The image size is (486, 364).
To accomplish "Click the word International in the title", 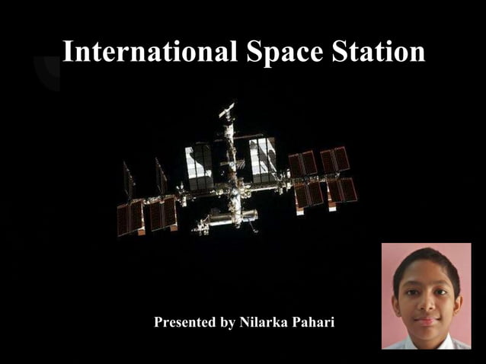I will [150, 52].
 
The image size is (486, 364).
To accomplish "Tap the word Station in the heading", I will [379, 52].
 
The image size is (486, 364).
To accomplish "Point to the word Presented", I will [185, 322].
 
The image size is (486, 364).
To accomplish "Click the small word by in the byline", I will [227, 323].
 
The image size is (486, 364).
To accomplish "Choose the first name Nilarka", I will [264, 322].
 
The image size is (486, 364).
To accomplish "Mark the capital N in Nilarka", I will [245, 322].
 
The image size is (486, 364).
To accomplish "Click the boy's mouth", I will [427, 320].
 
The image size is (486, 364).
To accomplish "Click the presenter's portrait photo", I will [427, 296].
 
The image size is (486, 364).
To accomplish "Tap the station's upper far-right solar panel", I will [336, 159].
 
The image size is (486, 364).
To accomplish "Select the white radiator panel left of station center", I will [200, 165].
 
